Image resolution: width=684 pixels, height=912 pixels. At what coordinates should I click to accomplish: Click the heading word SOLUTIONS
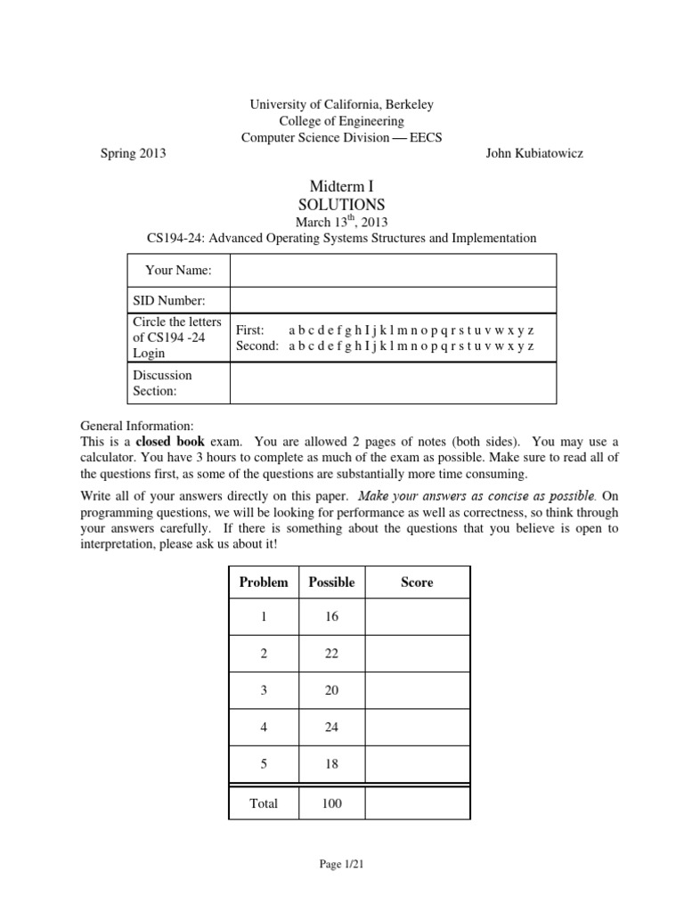341,204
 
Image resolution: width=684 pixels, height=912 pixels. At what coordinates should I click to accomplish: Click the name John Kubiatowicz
534,152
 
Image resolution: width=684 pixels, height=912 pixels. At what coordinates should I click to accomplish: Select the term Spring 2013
133,152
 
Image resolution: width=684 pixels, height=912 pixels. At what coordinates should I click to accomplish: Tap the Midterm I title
341,185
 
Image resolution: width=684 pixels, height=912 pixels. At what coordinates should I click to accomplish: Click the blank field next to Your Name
393,269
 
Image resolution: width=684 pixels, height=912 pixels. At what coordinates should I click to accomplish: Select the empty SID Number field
393,300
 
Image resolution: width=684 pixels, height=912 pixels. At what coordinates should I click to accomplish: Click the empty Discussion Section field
393,383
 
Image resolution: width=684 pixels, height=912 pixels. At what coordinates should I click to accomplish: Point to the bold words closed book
170,442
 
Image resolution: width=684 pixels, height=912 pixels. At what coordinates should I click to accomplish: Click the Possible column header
331,582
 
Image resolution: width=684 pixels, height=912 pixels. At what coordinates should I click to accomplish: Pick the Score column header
417,582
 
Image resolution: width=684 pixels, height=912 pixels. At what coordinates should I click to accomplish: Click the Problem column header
264,582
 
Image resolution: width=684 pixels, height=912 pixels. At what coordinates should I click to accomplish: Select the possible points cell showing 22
331,654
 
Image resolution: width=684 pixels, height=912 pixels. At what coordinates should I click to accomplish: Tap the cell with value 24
331,728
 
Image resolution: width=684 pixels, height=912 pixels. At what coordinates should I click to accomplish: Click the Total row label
264,803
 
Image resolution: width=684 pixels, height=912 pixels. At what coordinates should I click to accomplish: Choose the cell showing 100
331,803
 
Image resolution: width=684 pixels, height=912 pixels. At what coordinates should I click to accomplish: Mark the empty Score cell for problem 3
417,691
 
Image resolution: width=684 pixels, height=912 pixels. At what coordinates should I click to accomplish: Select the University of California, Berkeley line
341,105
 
